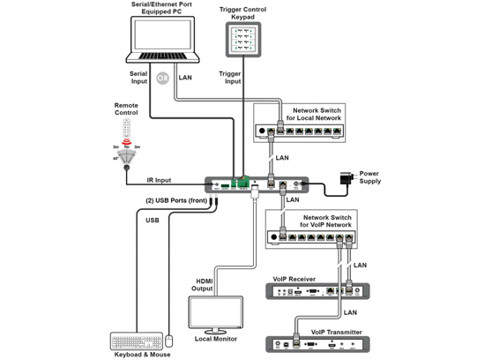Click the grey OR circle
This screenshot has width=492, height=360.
(161, 78)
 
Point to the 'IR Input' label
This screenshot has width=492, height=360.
(162, 179)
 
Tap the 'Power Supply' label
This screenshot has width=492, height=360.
(369, 176)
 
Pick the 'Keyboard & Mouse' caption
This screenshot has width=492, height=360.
(140, 354)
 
